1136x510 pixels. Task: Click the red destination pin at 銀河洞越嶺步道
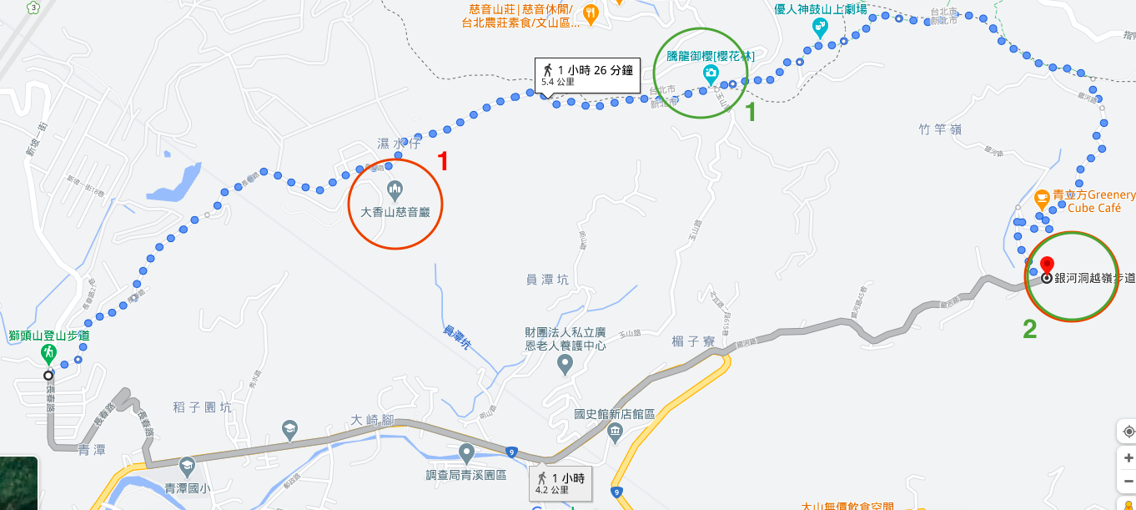[1047, 265]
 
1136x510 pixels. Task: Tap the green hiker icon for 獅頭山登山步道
[48, 352]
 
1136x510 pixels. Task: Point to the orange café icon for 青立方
[1041, 199]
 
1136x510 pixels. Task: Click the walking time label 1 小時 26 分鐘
[587, 74]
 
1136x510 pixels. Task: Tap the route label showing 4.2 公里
[560, 482]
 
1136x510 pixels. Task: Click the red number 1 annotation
[444, 161]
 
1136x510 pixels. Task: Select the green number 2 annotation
[1030, 331]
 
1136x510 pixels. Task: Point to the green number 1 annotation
[750, 113]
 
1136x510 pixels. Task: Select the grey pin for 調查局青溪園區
[467, 453]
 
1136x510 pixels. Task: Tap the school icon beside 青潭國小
[186, 465]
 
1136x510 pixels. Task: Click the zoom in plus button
[1126, 458]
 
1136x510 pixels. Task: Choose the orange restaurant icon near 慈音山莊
[591, 13]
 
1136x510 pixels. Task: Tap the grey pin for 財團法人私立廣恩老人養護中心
[565, 365]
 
